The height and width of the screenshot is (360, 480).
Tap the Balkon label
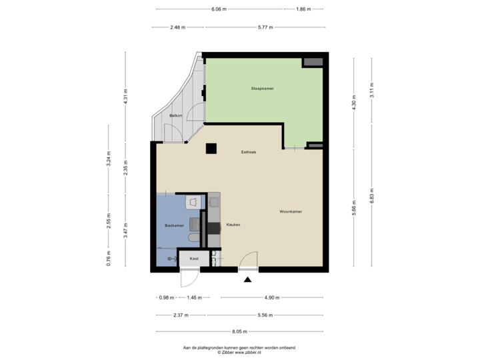click(x=176, y=116)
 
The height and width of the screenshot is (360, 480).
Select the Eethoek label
click(x=249, y=152)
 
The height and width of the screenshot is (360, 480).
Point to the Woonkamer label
click(x=291, y=211)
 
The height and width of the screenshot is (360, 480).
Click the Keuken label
click(x=233, y=225)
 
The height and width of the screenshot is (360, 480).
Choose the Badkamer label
click(x=175, y=226)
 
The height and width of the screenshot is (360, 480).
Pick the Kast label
click(x=194, y=258)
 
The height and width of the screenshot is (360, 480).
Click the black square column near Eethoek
click(x=211, y=149)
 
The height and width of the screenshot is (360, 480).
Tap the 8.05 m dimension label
click(x=240, y=331)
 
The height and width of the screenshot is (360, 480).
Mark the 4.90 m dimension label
click(x=271, y=297)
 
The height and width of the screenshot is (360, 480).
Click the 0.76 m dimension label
click(x=109, y=258)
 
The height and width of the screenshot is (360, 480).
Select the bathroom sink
click(x=193, y=201)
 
